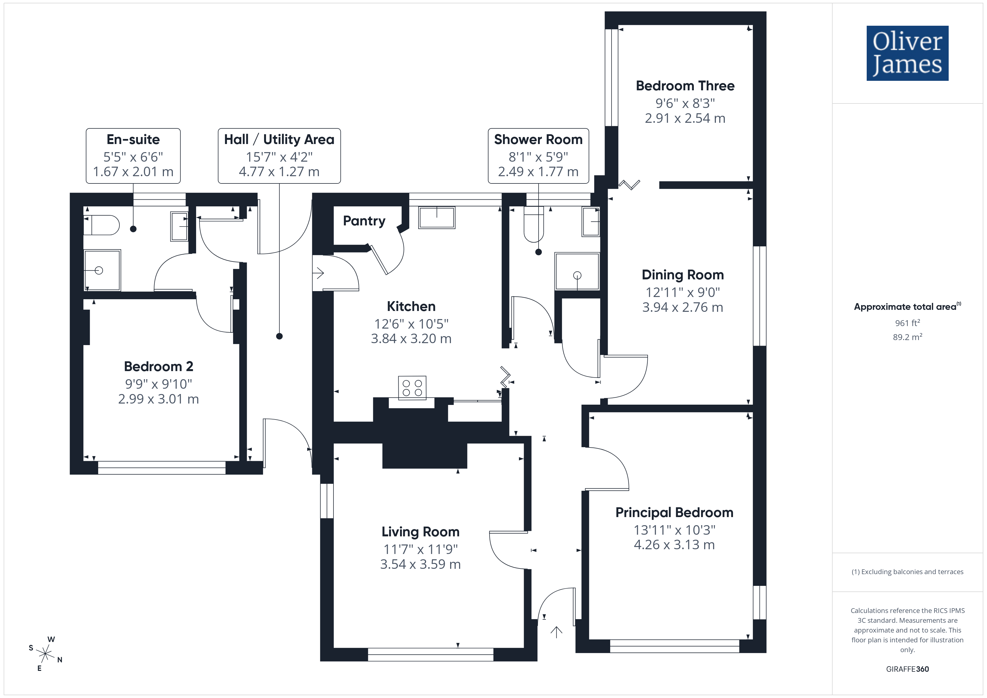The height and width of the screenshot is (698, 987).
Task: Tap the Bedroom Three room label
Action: pos(685,86)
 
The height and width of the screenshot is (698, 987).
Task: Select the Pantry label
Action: pos(364,221)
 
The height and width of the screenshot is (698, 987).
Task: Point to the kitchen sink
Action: pos(437,218)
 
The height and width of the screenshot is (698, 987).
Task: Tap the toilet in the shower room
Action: pos(534,224)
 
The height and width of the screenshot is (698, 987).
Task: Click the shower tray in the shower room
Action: pos(577,272)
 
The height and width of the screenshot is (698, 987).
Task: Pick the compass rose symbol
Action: pos(45,654)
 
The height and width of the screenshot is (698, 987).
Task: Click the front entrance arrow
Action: pos(556,632)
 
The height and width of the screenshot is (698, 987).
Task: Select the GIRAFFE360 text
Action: pos(908,669)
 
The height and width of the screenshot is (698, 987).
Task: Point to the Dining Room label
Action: pos(683,275)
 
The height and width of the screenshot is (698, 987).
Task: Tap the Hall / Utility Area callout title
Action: pos(279,140)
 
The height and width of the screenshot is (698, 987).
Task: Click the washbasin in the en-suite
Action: pos(179,226)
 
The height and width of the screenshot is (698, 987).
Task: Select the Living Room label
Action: pos(420,532)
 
